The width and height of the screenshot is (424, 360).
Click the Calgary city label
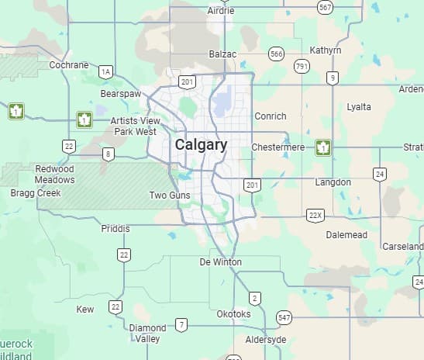[x=201, y=145]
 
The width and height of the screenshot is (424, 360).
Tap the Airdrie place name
[x=221, y=11]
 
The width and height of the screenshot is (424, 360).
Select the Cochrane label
[x=69, y=65]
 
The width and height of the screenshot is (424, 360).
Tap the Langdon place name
[x=333, y=182]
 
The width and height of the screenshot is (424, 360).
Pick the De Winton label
[x=220, y=262]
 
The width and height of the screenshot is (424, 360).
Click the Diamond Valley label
[x=147, y=334]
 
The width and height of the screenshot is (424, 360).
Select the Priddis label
[x=116, y=229]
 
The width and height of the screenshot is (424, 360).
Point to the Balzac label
[x=222, y=54]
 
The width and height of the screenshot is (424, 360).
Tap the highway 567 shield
[x=326, y=7]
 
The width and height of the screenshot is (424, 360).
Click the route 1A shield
[x=105, y=72]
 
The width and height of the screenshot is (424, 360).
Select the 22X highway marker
[x=314, y=215]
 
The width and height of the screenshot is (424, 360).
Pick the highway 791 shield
[x=302, y=67]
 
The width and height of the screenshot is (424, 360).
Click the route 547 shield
[x=284, y=318]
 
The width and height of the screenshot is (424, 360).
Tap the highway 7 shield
[x=181, y=324]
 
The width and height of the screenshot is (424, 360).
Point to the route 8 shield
[x=109, y=154]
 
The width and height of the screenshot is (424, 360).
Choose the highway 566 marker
[x=276, y=54]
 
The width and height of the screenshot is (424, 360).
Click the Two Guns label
[x=170, y=196]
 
